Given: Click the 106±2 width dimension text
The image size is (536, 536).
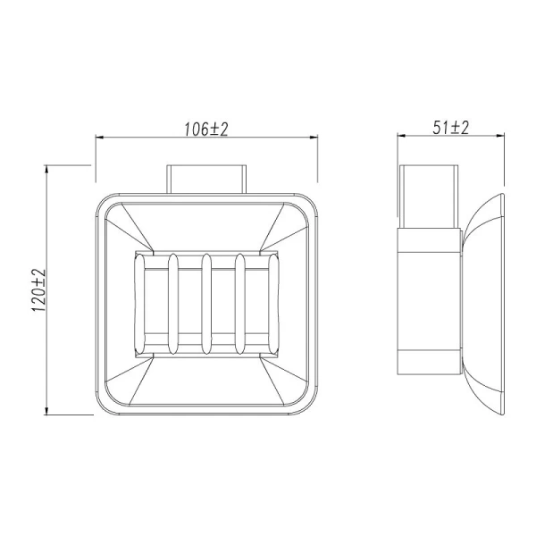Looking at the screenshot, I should coord(207,129).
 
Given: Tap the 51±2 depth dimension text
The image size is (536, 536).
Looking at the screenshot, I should coord(451,128).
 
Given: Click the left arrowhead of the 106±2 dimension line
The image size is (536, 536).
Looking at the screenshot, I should coord(100,138).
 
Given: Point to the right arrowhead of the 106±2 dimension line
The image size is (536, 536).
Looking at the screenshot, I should coord(314,138).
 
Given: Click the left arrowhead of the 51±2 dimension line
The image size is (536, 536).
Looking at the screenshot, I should coord(403,138).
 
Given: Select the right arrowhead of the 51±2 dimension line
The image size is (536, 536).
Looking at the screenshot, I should coord(499,138).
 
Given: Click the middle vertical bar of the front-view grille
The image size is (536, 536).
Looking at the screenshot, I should coord(207,305).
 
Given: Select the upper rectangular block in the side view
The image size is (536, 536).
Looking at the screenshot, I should coord(428,197).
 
